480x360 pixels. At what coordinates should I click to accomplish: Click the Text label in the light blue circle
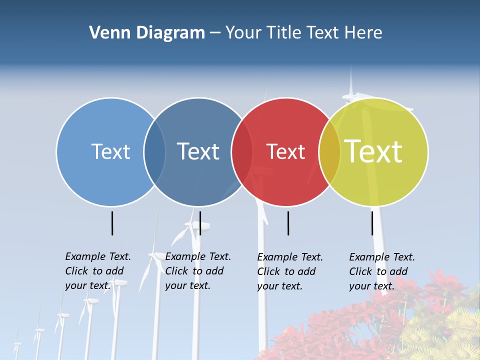click(x=110, y=151)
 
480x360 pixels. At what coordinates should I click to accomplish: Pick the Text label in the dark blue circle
click(x=198, y=151)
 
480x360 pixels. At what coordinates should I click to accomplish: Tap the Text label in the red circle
click(x=285, y=151)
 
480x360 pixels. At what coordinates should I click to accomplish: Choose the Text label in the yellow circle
click(x=373, y=151)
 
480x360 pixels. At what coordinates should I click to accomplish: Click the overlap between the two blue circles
click(x=154, y=152)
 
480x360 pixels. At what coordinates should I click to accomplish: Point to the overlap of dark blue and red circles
click(x=242, y=152)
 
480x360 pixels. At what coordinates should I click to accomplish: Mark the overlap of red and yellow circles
click(x=329, y=152)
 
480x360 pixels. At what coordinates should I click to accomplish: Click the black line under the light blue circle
click(x=112, y=223)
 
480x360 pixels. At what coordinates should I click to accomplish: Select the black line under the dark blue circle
click(x=200, y=223)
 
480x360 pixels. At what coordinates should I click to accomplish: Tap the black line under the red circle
click(x=288, y=223)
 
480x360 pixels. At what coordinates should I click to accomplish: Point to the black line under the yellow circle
click(x=372, y=223)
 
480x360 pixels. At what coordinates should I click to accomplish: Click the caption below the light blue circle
click(x=97, y=271)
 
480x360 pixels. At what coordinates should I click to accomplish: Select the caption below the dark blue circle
click(x=197, y=271)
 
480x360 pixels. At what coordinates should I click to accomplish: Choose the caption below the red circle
click(x=289, y=271)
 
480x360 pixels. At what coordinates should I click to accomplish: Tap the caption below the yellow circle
click(x=381, y=271)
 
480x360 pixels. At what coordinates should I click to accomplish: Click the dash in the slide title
click(x=215, y=33)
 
